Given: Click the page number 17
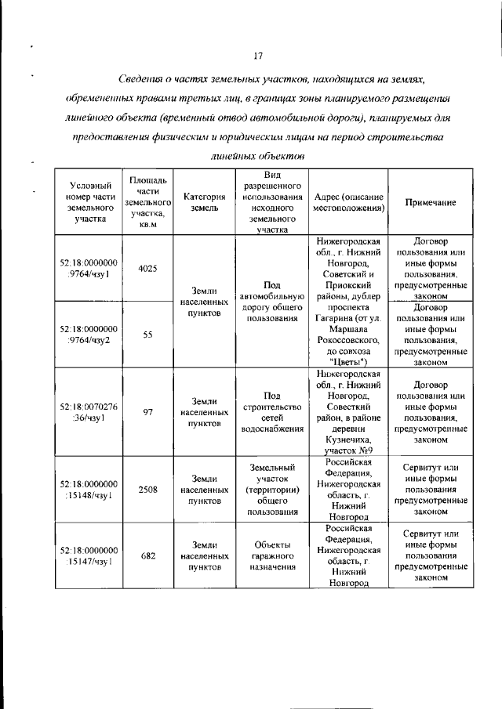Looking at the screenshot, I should tap(257, 55).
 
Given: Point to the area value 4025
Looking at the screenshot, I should tap(147, 268).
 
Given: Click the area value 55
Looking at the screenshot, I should tap(147, 334).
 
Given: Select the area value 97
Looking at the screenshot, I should tap(147, 413).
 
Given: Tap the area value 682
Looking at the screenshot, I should tap(147, 555).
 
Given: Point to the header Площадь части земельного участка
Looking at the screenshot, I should tap(147, 202).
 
